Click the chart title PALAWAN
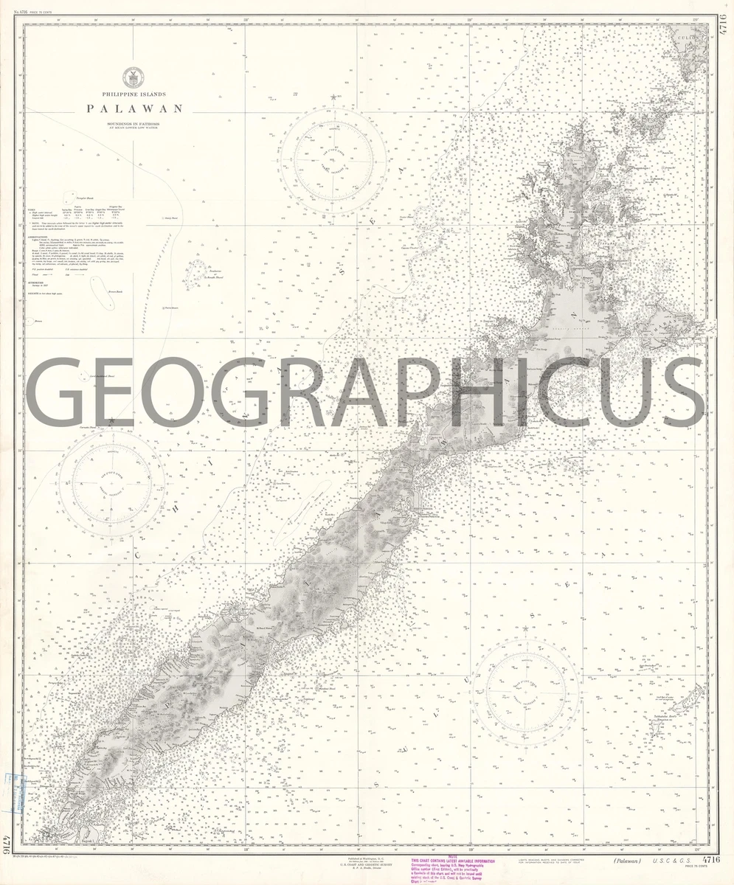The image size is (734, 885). (x=134, y=108)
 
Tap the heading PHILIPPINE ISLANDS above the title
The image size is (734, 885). (x=134, y=94)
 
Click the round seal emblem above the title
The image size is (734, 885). (x=134, y=74)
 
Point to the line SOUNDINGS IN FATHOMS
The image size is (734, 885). (x=134, y=122)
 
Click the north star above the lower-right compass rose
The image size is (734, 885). (x=525, y=629)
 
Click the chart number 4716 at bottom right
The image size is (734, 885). (x=711, y=859)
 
